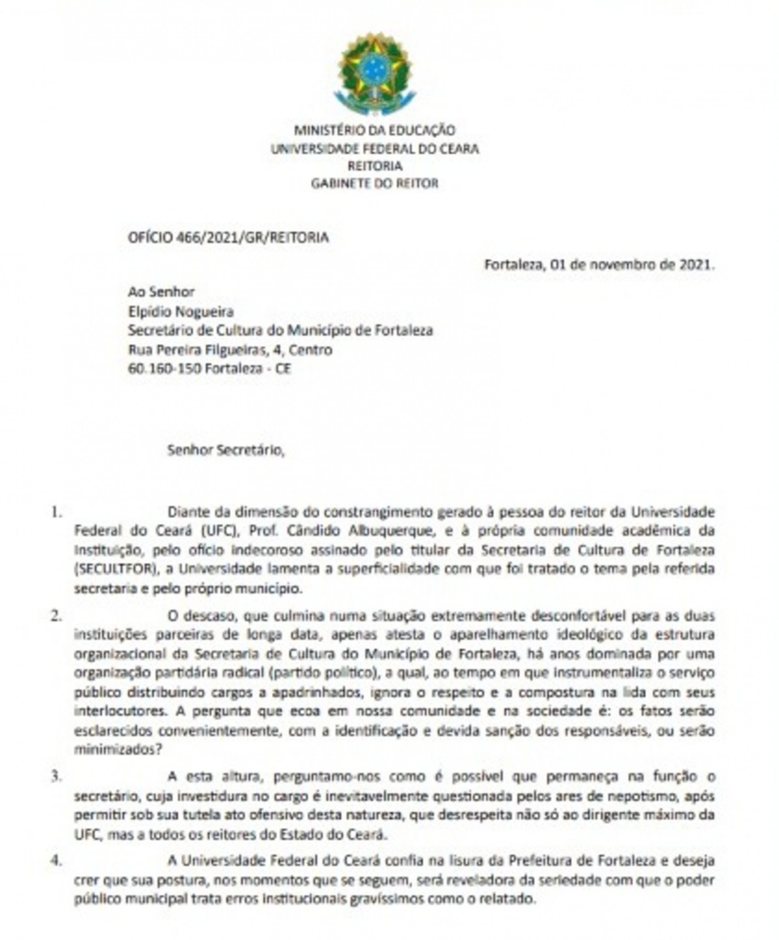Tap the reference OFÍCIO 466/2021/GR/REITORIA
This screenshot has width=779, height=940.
(x=228, y=237)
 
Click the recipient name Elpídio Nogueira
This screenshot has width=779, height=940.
(x=181, y=312)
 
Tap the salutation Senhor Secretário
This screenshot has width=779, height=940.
(x=226, y=450)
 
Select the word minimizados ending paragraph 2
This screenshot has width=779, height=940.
(x=117, y=750)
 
